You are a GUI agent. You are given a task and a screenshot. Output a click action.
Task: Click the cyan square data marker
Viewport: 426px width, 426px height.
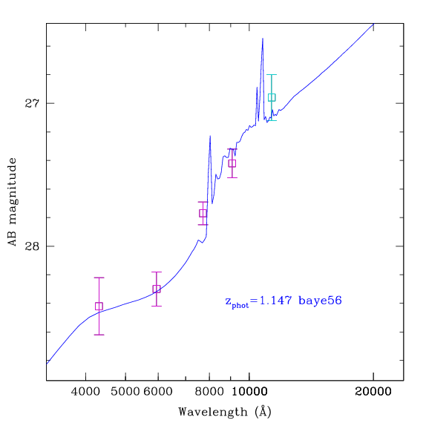point(272,97)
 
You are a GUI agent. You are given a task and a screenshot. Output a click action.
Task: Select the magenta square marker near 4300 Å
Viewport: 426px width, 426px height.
point(99,307)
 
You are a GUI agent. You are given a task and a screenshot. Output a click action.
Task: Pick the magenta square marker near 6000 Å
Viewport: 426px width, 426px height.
point(157,289)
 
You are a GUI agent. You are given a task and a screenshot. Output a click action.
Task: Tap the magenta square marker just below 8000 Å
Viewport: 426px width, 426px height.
point(203,213)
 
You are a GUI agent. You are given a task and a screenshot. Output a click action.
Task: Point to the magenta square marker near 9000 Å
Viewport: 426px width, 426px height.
point(232,163)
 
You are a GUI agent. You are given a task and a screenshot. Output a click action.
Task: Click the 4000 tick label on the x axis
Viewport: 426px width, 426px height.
point(85,392)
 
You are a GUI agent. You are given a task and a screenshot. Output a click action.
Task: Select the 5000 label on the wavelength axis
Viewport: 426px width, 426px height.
point(125,392)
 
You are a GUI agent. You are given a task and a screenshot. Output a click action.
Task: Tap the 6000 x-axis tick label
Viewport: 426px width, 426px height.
point(158,392)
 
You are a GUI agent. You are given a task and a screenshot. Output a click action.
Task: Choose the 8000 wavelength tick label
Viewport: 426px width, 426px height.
point(209,392)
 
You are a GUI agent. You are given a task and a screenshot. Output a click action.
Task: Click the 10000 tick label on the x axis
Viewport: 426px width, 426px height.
point(249,392)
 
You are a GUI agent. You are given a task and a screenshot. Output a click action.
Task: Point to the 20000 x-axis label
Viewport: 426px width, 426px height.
point(373,392)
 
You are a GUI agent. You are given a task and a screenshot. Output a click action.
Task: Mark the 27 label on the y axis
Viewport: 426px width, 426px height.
point(32,103)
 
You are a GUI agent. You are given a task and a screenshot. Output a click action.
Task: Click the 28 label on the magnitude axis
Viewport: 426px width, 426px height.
point(32,246)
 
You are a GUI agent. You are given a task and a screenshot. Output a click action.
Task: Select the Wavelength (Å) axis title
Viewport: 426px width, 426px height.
point(225,412)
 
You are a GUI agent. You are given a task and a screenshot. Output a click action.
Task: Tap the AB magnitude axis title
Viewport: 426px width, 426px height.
point(12,202)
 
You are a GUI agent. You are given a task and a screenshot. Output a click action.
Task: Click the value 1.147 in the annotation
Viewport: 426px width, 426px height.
point(276,301)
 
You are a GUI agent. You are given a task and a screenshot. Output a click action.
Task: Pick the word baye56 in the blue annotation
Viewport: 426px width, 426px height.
point(320,301)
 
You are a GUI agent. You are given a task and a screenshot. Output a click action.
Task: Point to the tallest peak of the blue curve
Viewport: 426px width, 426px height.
point(263,39)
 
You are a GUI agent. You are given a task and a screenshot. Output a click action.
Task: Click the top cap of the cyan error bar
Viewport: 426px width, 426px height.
point(272,74)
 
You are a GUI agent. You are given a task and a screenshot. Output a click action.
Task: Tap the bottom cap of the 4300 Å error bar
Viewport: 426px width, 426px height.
point(99,335)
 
